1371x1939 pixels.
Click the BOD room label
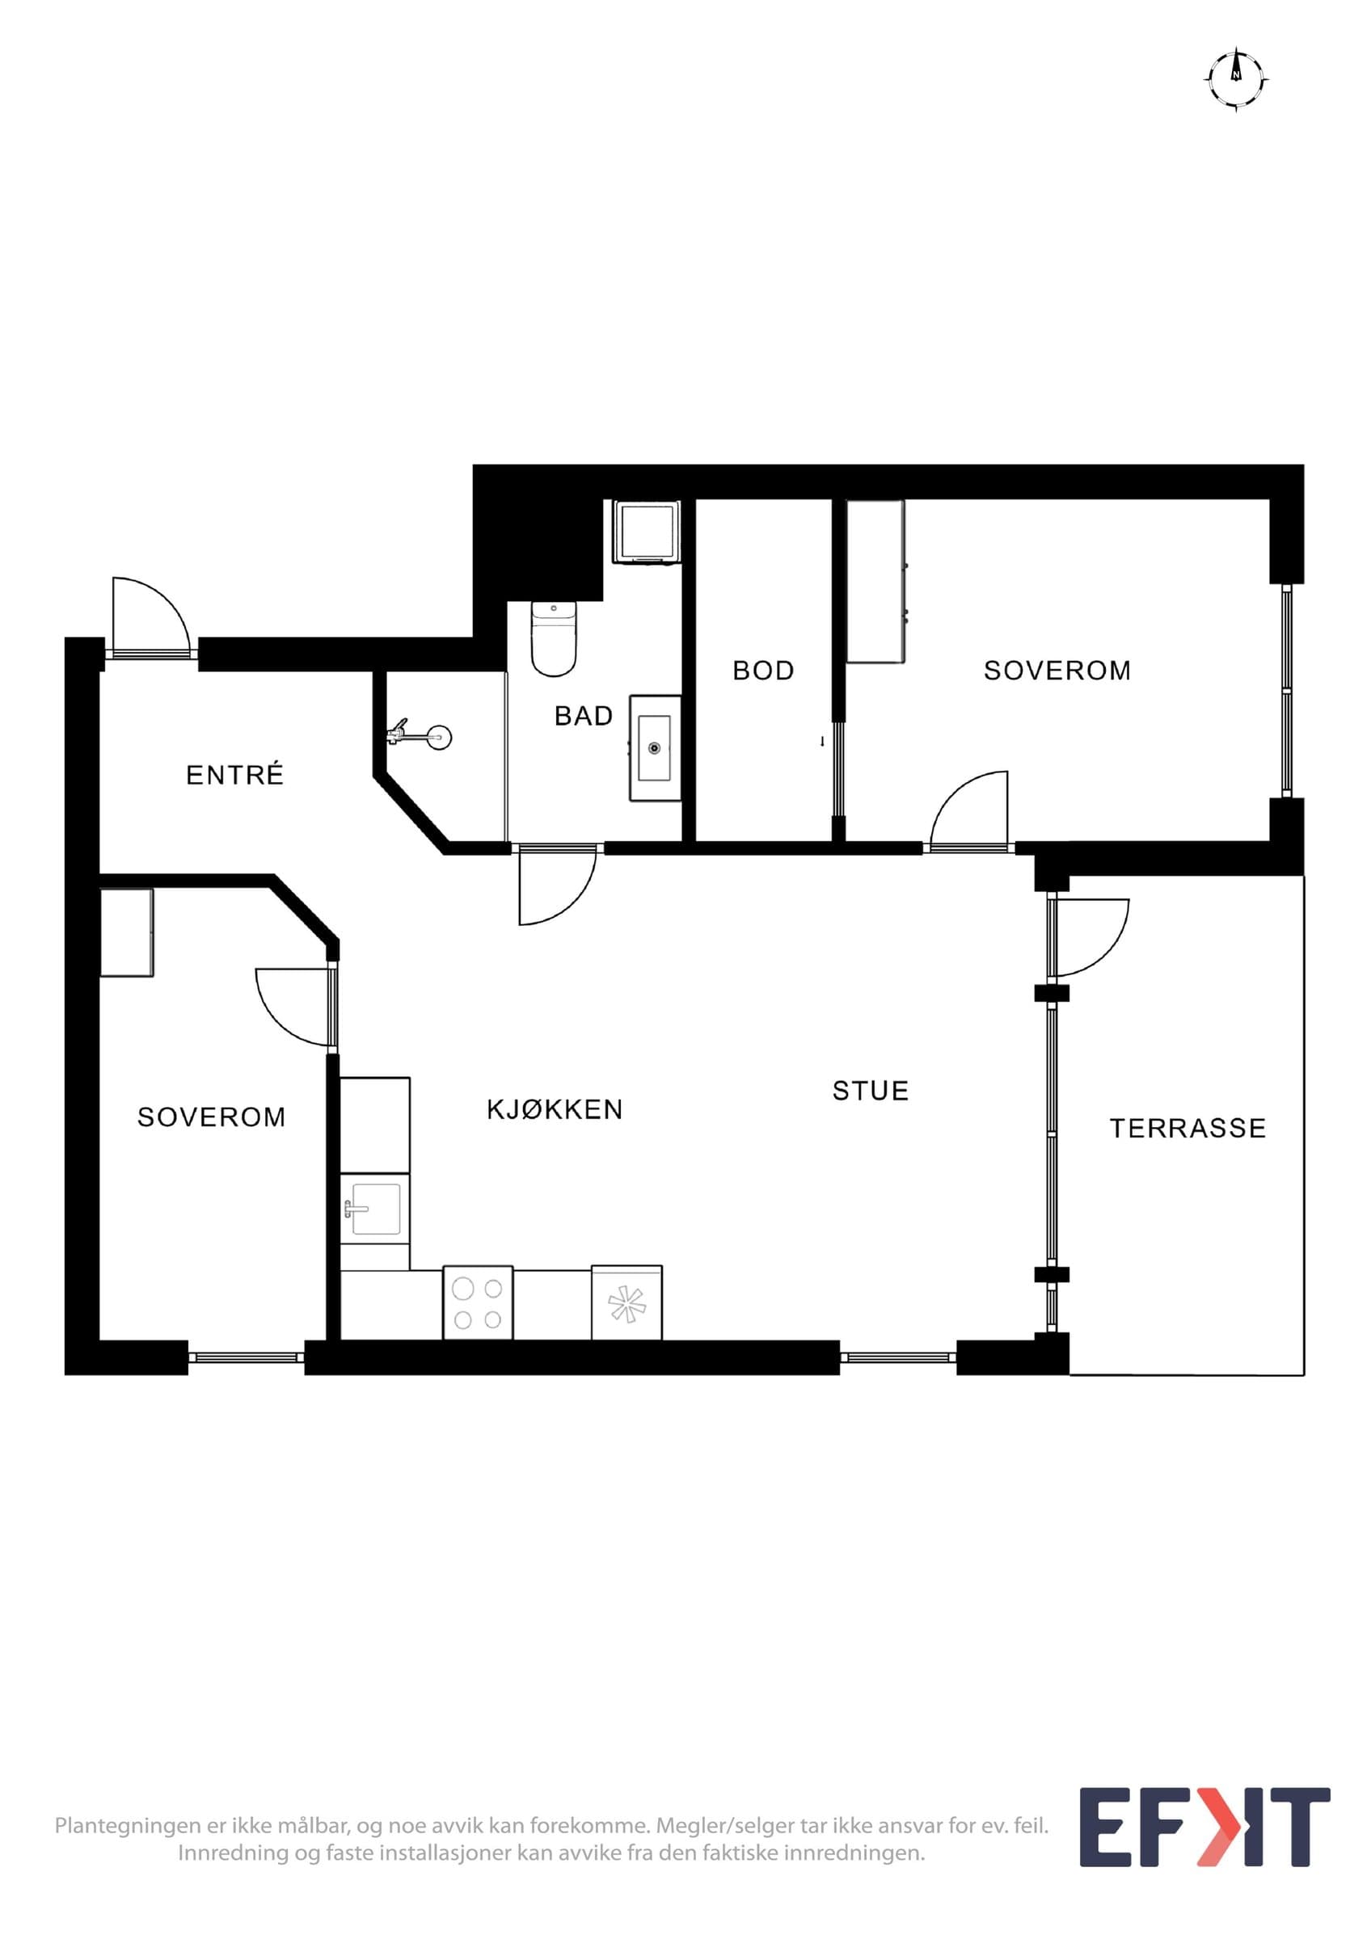click(x=763, y=671)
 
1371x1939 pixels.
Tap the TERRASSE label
click(x=1187, y=1129)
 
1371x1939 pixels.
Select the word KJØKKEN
click(x=555, y=1110)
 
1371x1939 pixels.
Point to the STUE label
click(x=870, y=1091)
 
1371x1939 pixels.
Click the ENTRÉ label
click(x=235, y=775)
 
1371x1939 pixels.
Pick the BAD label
click(x=583, y=716)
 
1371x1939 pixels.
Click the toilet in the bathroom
click(x=553, y=638)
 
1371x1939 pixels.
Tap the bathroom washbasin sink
click(x=655, y=748)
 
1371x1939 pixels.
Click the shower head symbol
click(x=420, y=736)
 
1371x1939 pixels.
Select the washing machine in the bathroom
click(x=647, y=531)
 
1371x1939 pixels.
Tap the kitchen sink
click(x=375, y=1209)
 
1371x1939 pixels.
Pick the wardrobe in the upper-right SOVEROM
click(x=876, y=582)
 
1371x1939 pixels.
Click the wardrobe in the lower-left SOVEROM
click(x=127, y=933)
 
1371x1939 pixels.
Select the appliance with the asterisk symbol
click(x=626, y=1303)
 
